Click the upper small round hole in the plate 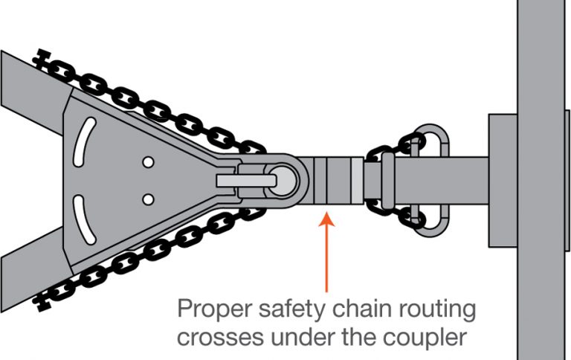(x=148, y=161)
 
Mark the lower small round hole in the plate (x=148, y=198)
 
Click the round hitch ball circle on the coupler (x=283, y=179)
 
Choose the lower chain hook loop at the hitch (x=430, y=220)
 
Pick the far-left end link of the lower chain (x=43, y=300)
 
